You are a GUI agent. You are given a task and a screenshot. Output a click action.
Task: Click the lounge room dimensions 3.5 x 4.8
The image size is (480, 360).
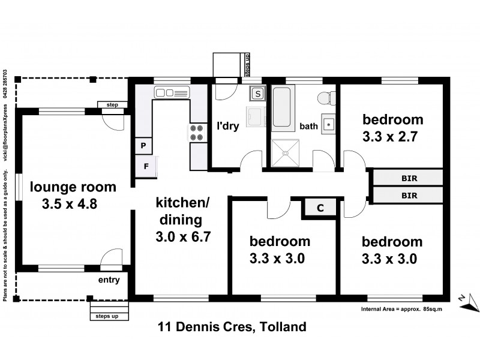70,204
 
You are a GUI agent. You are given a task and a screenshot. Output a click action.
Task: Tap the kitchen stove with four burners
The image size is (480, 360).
198,133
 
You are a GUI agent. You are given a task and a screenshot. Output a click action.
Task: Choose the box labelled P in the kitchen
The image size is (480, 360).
144,145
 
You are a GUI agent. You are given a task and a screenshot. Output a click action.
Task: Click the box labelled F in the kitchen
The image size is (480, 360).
146,166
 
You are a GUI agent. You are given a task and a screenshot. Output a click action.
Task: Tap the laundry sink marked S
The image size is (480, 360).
257,94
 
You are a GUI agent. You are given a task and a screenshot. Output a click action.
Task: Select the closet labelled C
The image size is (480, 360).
320,208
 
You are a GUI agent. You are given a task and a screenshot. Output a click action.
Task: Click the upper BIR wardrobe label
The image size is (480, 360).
409,178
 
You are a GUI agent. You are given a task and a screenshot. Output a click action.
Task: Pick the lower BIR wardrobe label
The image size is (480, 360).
409,195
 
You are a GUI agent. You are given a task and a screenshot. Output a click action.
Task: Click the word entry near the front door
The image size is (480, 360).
109,280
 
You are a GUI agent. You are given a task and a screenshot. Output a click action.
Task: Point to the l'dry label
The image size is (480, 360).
228,127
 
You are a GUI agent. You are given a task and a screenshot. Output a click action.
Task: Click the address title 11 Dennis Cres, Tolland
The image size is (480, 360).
232,327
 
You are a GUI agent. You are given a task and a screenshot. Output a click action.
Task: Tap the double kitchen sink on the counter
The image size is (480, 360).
172,93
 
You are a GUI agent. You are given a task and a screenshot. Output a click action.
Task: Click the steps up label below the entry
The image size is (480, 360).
107,316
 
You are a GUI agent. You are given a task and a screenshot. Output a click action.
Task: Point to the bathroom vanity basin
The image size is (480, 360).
329,124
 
